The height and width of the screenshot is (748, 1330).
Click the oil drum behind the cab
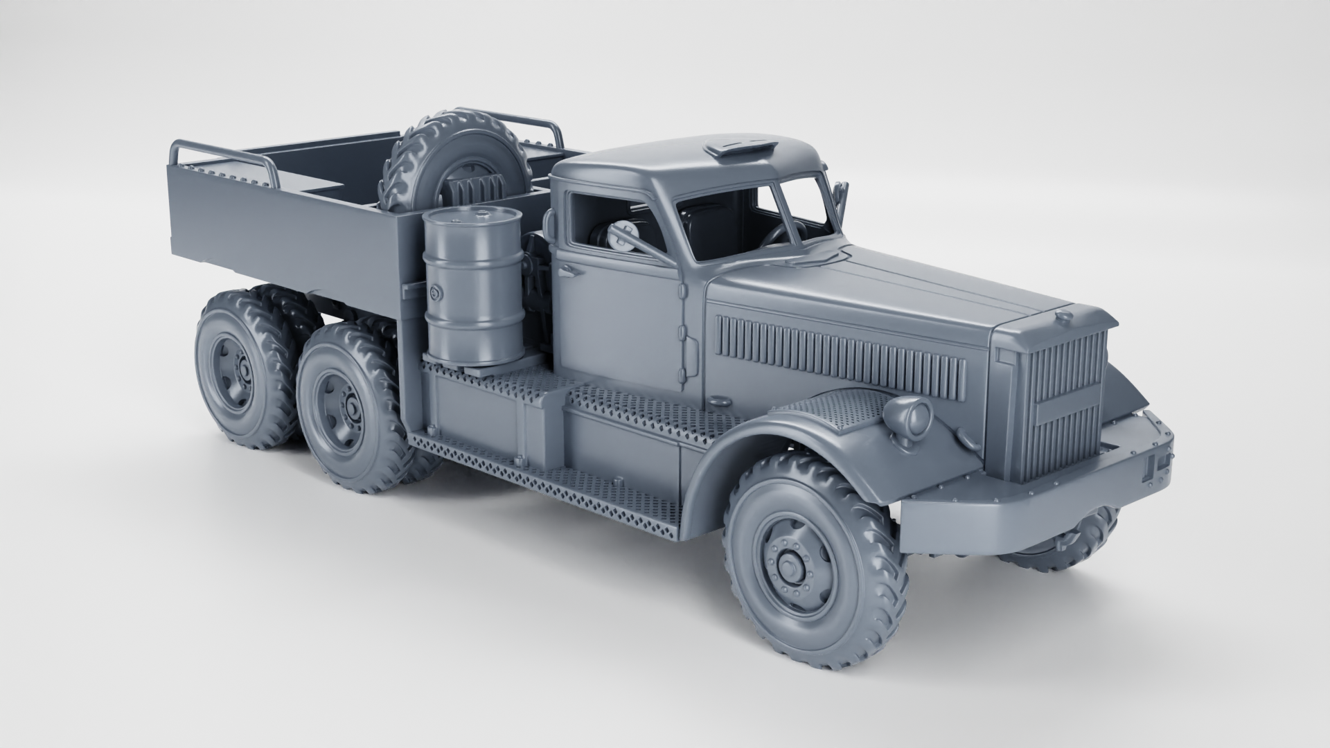[474, 291]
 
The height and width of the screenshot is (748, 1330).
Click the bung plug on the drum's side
[435, 294]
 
